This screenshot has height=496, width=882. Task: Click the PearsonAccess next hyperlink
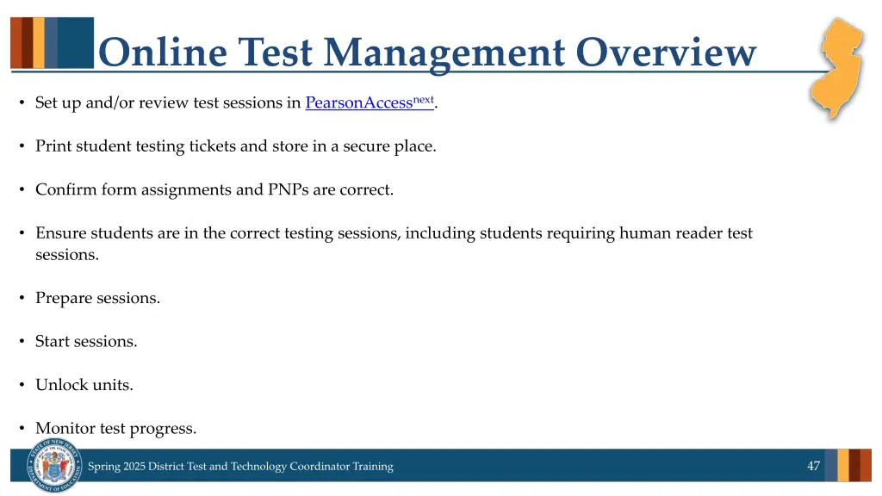coord(369,103)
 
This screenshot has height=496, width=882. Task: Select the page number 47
coord(813,466)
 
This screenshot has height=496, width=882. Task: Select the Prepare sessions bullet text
coord(97,299)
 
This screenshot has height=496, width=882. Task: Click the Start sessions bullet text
coord(86,342)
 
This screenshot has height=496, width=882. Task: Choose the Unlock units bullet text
coord(84,385)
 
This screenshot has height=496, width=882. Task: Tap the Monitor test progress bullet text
coord(115,428)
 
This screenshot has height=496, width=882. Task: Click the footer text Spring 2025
coord(116,467)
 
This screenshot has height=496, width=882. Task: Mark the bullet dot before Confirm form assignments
coord(22,190)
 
